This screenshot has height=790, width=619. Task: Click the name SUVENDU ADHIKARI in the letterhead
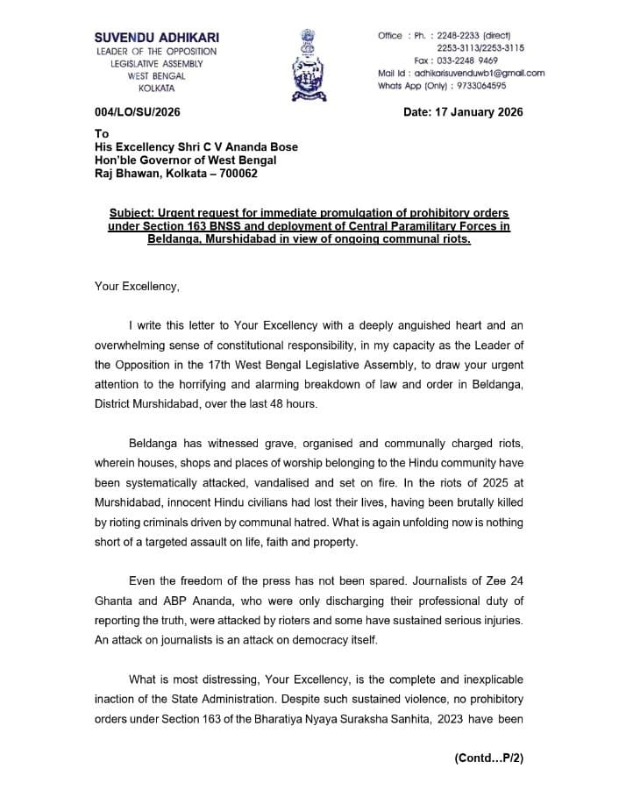(x=158, y=38)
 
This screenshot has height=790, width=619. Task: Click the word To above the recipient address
(x=102, y=134)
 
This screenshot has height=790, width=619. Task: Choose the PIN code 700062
(x=236, y=174)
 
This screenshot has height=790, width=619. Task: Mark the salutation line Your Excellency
(x=137, y=287)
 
